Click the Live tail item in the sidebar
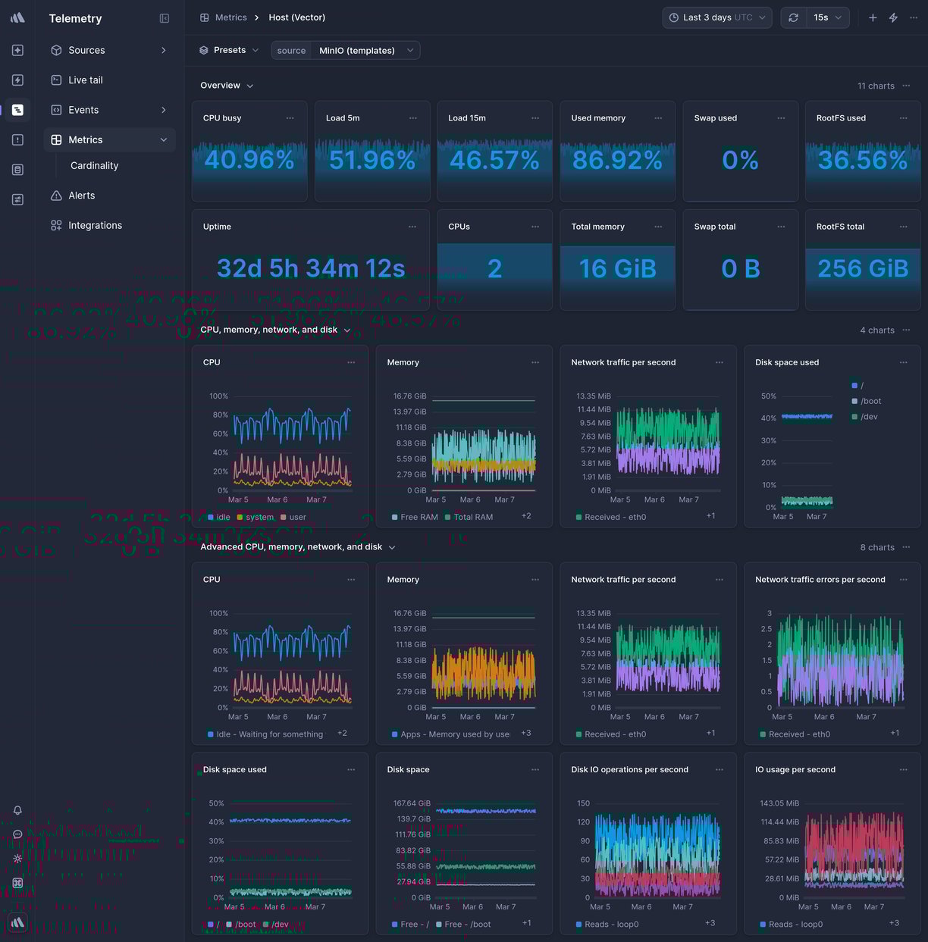pos(85,80)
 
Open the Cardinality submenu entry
pos(94,165)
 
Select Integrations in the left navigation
pos(95,225)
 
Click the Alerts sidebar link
pos(81,196)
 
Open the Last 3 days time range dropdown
pos(716,17)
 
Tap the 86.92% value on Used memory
pos(617,160)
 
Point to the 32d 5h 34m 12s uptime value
pos(310,268)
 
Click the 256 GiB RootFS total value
pos(862,268)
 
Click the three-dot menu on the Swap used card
pos(781,118)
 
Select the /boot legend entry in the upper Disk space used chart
pos(870,401)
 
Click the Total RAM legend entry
pos(472,517)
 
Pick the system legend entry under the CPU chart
pos(259,517)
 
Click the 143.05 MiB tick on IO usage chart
pos(779,803)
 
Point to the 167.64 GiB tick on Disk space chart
pos(411,803)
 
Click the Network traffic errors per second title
pos(820,580)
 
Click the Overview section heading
pos(220,86)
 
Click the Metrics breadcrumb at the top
pos(230,17)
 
